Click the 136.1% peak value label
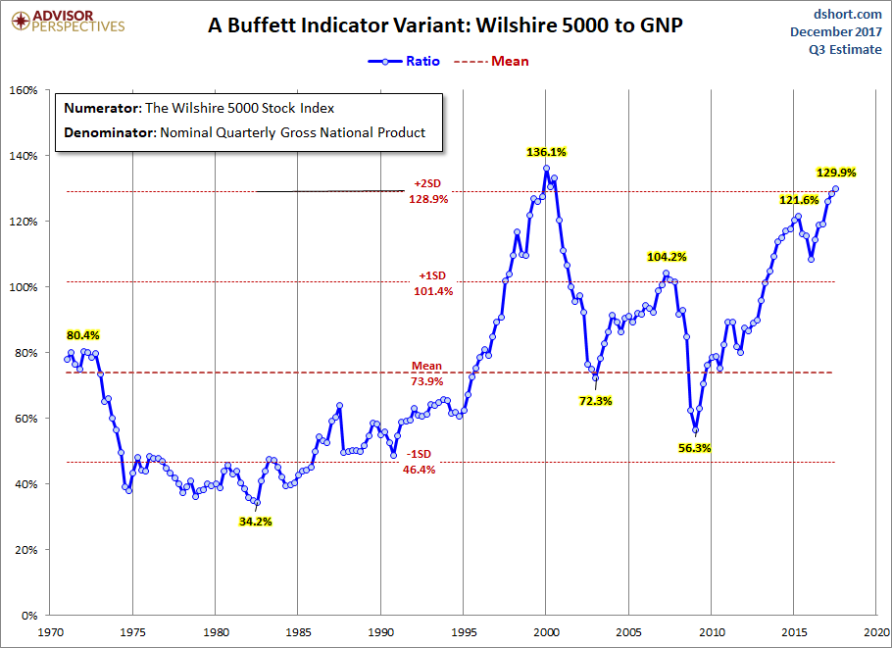546,152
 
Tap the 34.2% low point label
256,522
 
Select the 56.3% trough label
695,448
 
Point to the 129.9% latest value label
836,173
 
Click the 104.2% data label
667,257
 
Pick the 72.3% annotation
596,401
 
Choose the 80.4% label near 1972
83,335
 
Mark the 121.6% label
799,200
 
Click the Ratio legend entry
404,61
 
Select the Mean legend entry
491,61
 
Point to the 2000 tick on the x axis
546,632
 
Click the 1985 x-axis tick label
298,632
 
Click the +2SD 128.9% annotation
427,191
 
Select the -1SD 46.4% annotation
420,462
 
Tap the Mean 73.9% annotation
426,374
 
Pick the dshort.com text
848,14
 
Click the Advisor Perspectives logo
68,21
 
